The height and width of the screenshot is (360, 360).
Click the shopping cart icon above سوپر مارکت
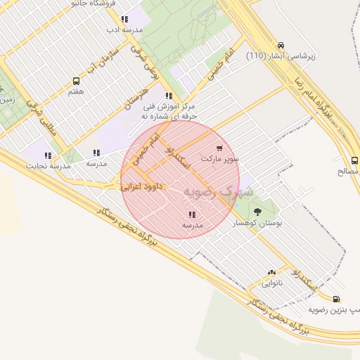coord(220,148)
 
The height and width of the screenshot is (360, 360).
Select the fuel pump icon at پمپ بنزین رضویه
coord(336,299)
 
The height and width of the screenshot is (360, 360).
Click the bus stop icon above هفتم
coord(76,80)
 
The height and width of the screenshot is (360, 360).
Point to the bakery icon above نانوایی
coord(271,273)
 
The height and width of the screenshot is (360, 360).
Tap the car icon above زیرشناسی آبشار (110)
coord(281,44)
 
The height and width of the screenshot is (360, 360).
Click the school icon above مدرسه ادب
coord(124,20)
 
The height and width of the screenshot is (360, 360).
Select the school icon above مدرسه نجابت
coord(48,155)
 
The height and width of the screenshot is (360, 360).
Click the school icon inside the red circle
coord(192,215)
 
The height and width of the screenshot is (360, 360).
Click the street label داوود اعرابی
coord(143,188)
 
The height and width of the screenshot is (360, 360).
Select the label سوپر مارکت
coord(220,159)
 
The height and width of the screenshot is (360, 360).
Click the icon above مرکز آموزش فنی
coord(168,96)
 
